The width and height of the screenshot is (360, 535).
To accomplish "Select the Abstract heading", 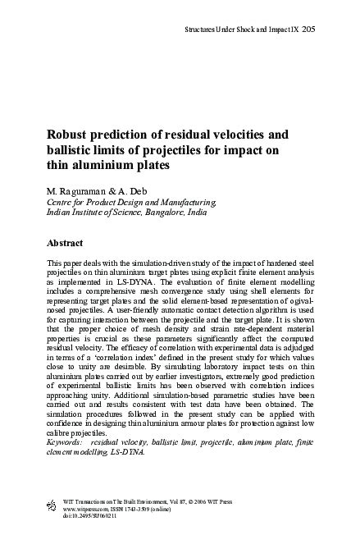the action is coord(68,244).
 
